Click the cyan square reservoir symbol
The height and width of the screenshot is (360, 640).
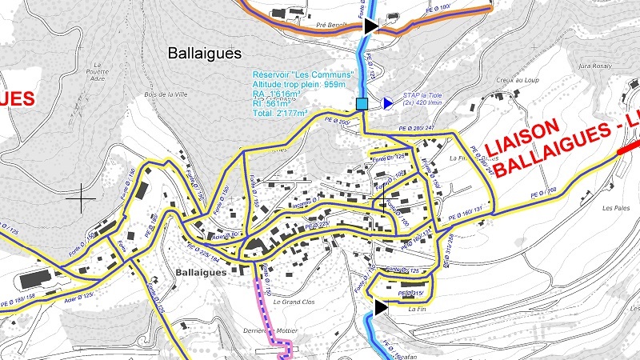tap(362, 103)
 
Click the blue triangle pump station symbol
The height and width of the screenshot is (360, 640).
tap(387, 103)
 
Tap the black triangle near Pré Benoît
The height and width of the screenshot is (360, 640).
tap(370, 26)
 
